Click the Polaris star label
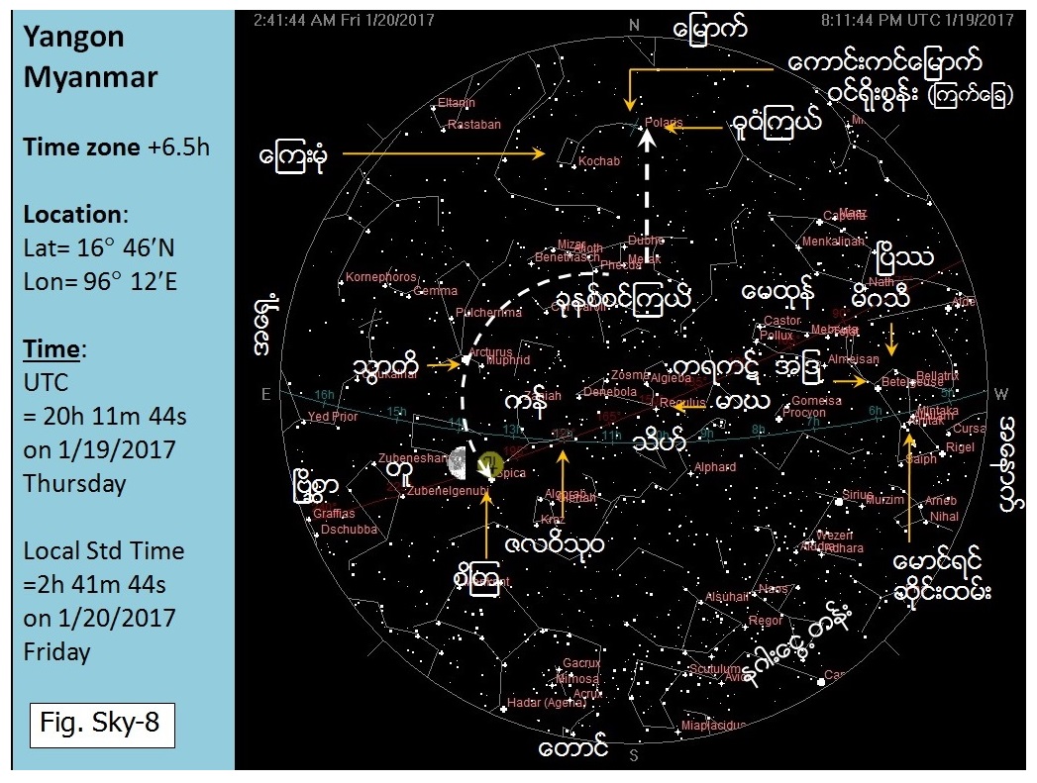coord(664,123)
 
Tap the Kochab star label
coord(600,160)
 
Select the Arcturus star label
coord(491,351)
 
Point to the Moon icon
coord(458,459)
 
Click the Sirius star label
coord(858,494)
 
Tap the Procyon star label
coord(804,412)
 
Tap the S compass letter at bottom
coord(634,757)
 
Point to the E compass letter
coord(265,395)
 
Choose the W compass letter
coord(1001,395)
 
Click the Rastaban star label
coord(474,125)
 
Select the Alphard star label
coord(715,467)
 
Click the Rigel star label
coord(961,447)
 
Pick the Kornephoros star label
coord(381,277)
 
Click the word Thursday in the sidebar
coord(75,483)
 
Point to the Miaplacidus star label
coord(714,726)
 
